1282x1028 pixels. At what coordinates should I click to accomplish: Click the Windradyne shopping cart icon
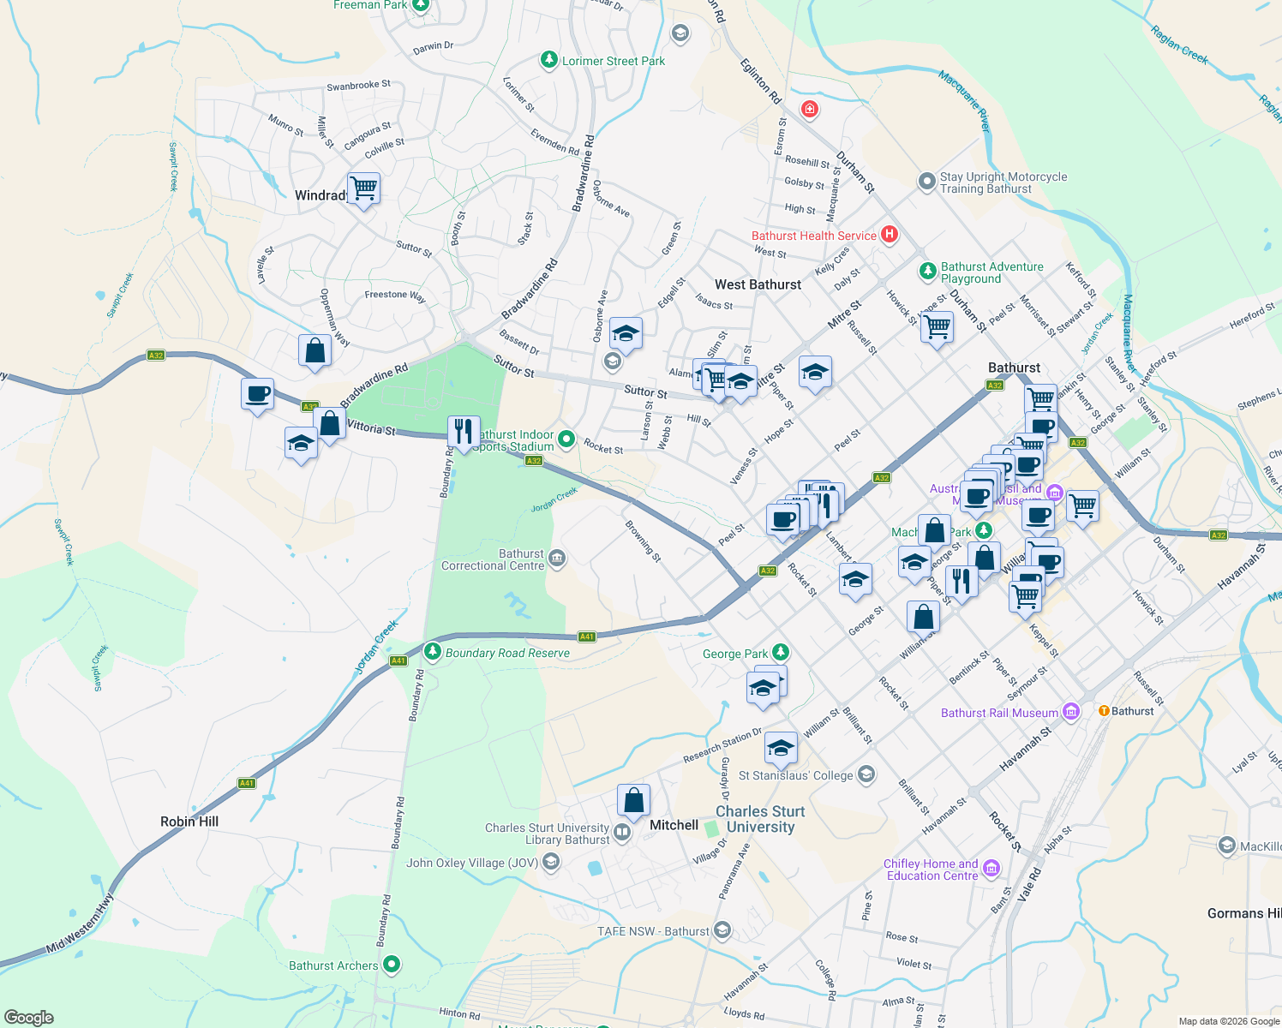[x=364, y=188]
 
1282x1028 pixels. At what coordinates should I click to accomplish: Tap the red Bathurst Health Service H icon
[x=890, y=234]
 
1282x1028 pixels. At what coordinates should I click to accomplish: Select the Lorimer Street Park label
[x=613, y=61]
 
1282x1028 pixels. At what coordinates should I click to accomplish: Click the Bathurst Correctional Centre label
[x=493, y=560]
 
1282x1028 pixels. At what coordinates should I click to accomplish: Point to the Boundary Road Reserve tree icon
[x=433, y=652]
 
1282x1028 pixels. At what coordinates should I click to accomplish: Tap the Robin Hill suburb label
[x=189, y=822]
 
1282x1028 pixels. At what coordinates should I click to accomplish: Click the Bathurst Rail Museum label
[x=999, y=713]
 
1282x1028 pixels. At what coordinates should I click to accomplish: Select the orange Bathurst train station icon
[x=1104, y=711]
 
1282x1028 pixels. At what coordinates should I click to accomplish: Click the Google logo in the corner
[x=28, y=1018]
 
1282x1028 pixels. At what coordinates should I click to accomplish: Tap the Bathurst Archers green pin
[x=392, y=965]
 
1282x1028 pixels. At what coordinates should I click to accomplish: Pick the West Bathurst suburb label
[x=758, y=284]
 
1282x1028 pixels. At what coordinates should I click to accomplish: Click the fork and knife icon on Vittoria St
[x=464, y=432]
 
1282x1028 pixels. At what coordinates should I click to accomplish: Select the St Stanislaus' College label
[x=796, y=775]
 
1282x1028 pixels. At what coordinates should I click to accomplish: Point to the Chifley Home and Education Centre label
[x=932, y=870]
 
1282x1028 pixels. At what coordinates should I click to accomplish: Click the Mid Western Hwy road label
[x=80, y=924]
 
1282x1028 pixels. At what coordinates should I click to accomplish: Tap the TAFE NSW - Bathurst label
[x=653, y=931]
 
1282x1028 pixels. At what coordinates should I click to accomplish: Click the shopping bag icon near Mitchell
[x=633, y=801]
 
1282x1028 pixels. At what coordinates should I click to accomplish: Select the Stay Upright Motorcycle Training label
[x=1003, y=182]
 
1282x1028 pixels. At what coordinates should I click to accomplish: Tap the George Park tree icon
[x=780, y=653]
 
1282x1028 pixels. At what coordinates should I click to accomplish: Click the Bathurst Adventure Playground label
[x=991, y=272]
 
